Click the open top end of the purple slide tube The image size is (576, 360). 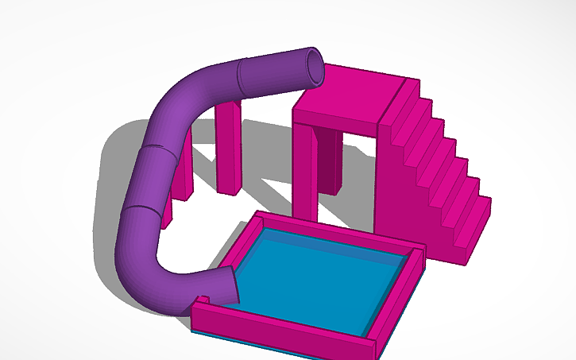(315, 67)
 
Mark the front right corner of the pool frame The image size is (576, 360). (381, 346)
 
